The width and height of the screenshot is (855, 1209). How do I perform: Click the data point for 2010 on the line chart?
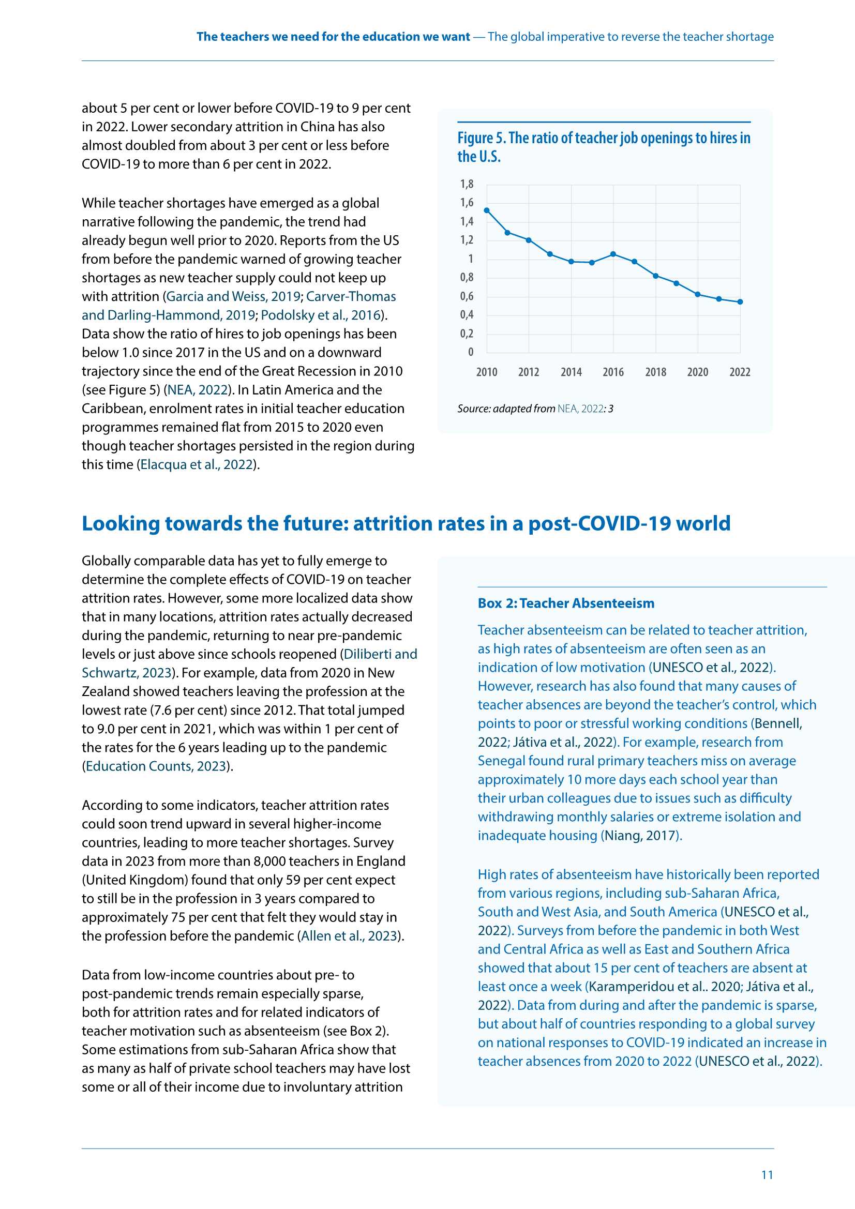click(x=486, y=210)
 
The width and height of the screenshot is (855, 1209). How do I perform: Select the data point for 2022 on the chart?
click(x=740, y=301)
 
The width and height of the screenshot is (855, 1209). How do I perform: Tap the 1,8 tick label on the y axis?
click(x=467, y=184)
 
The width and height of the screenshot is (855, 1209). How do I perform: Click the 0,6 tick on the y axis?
click(x=467, y=296)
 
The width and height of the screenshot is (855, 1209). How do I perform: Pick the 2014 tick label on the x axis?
click(x=571, y=372)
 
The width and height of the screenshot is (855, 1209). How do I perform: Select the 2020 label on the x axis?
click(x=697, y=372)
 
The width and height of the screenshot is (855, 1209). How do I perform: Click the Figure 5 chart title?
click(x=603, y=147)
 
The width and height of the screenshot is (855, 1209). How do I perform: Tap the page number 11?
click(x=767, y=1174)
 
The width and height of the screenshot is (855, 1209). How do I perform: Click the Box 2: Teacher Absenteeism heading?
click(x=566, y=603)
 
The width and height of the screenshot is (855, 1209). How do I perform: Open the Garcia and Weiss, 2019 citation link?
click(x=233, y=296)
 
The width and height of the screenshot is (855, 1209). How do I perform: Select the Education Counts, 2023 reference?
click(x=156, y=766)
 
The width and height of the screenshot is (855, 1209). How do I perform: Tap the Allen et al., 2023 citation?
click(x=349, y=936)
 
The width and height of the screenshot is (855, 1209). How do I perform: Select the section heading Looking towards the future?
click(x=406, y=523)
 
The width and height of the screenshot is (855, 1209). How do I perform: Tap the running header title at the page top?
click(x=485, y=36)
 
